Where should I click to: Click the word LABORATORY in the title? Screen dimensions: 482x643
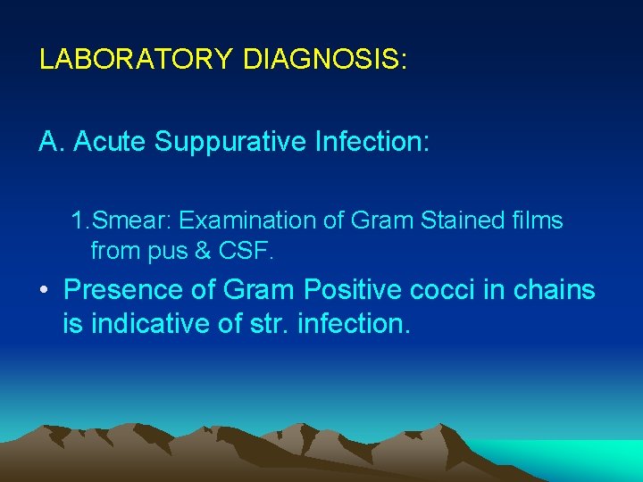[x=137, y=60]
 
